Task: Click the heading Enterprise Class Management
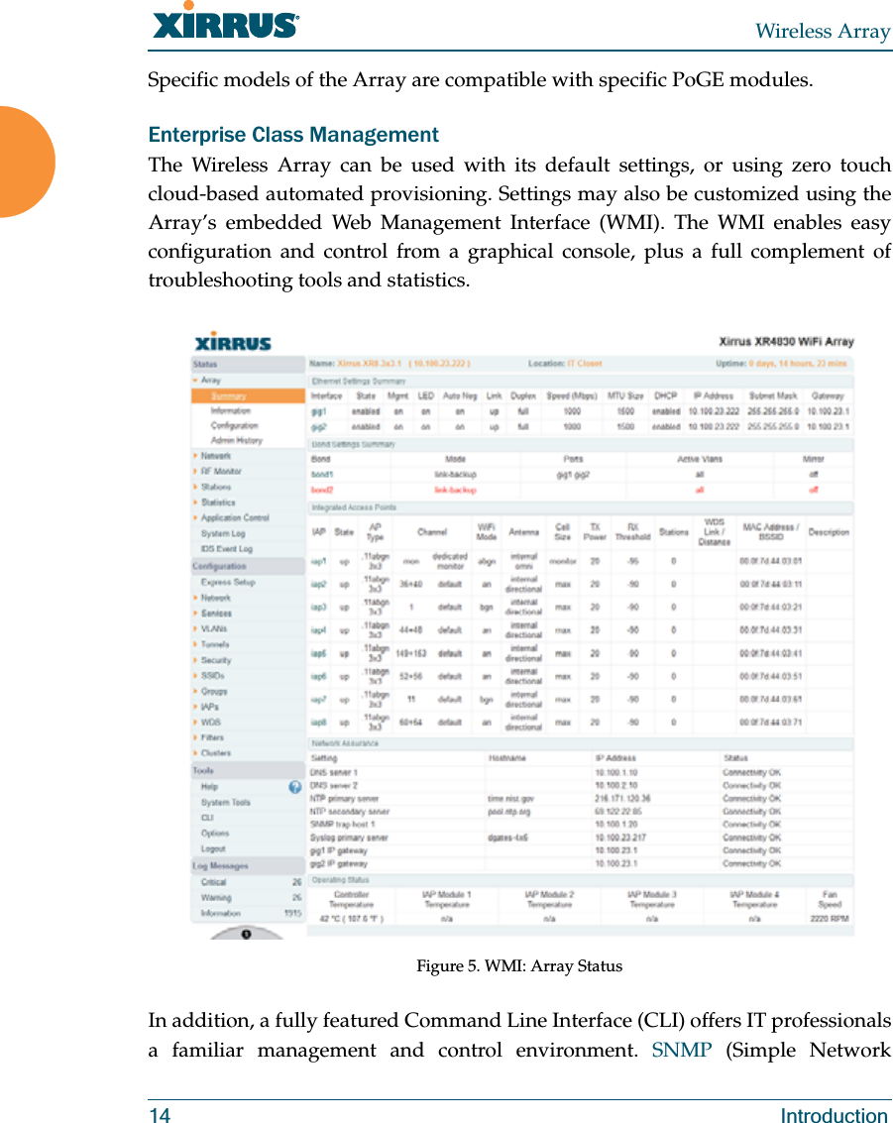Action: pos(293,135)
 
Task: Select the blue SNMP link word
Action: pos(681,1050)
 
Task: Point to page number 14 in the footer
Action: pos(160,1115)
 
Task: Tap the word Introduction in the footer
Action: pos(834,1115)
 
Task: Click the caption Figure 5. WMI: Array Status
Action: pos(519,965)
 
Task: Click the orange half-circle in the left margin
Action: pos(25,162)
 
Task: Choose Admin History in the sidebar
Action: pos(236,440)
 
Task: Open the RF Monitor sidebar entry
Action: pos(221,472)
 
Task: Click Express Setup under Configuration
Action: pos(228,583)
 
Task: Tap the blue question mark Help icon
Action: pos(294,787)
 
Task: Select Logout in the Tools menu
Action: pos(213,848)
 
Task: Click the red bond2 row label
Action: pos(322,490)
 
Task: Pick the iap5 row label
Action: pos(319,654)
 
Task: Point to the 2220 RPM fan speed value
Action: pos(830,919)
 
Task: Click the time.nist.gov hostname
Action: pos(511,798)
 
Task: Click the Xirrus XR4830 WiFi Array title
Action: pos(785,342)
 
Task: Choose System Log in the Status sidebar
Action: pos(223,533)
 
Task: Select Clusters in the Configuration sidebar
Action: pos(216,753)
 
